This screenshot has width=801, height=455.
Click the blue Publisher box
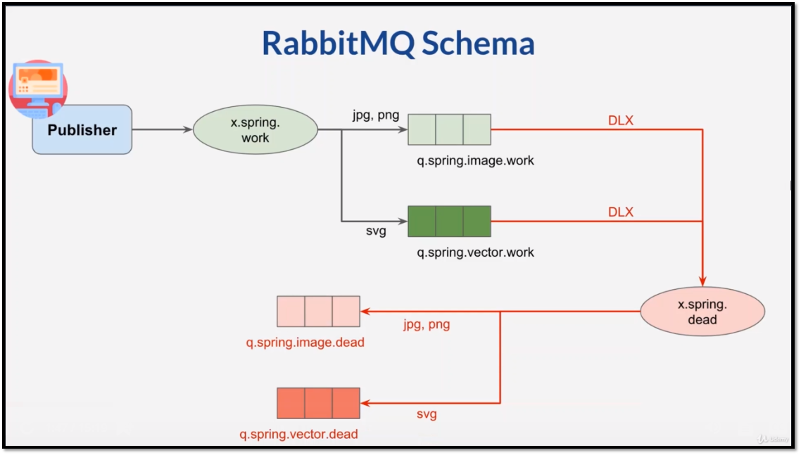point(82,130)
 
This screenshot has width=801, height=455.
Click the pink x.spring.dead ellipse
point(702,312)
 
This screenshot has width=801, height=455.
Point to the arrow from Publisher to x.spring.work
point(162,129)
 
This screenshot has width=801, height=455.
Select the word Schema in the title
point(479,43)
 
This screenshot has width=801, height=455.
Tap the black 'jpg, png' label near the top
point(376,115)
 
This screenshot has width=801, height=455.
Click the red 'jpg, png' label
point(426,324)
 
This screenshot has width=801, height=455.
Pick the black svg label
point(376,231)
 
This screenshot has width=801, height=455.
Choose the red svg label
point(426,414)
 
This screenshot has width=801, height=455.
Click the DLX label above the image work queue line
point(620,120)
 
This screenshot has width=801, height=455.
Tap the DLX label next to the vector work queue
point(620,212)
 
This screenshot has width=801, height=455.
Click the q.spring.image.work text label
point(475,160)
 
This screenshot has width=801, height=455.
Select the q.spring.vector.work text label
point(475,252)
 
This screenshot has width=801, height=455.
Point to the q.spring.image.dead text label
point(305,342)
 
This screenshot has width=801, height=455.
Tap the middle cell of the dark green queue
point(449,221)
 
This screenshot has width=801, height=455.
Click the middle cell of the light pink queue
point(318,312)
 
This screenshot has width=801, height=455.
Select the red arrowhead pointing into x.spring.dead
point(702,278)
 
